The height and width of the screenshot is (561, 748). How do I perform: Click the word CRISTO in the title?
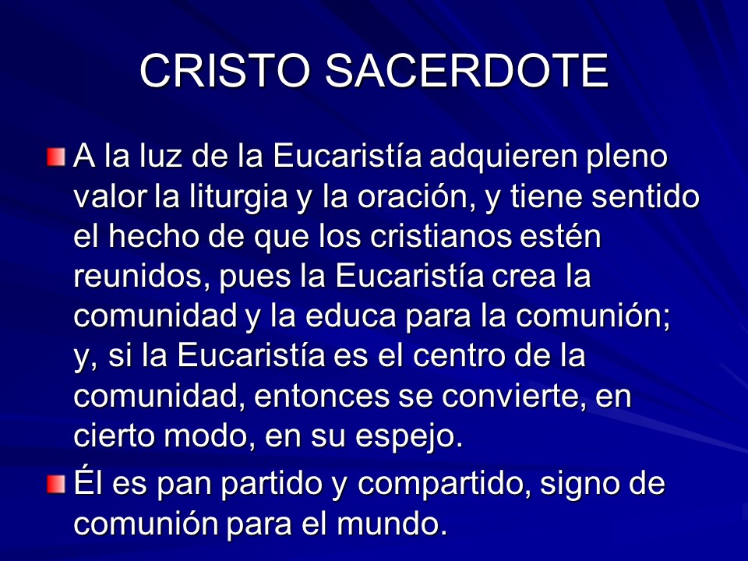click(224, 71)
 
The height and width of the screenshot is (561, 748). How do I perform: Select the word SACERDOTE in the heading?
click(467, 71)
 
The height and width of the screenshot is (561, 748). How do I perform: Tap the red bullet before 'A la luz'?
click(56, 157)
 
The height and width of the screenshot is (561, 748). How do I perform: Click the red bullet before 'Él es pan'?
click(56, 484)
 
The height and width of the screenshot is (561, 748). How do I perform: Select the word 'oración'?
click(413, 196)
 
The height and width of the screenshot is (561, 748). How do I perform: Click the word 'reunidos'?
click(139, 277)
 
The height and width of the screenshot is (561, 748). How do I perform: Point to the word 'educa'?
click(351, 316)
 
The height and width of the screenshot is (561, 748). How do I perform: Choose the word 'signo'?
click(579, 484)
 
